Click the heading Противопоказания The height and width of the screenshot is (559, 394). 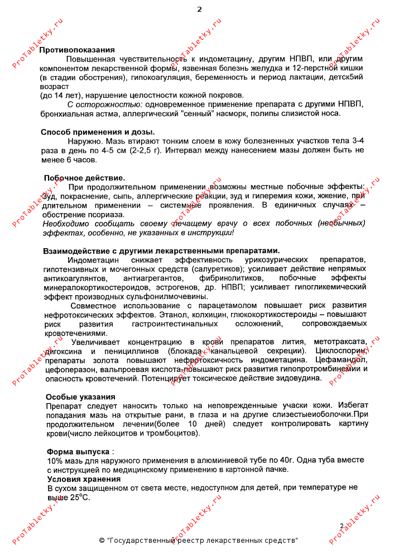click(77, 50)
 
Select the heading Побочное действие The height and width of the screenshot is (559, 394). click(80, 178)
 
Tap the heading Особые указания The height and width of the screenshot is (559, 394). click(76, 397)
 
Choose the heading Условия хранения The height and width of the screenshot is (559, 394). click(84, 479)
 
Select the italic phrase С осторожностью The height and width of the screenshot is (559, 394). click(97, 105)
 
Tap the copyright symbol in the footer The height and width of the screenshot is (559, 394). click(102, 541)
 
